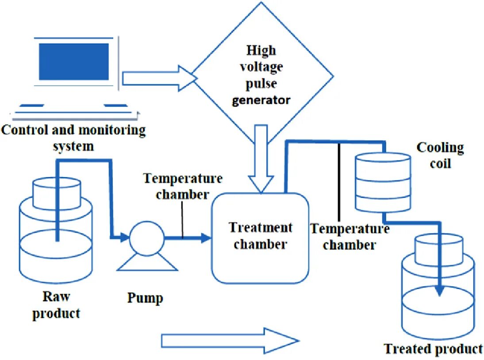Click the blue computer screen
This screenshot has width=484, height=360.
pyautogui.click(x=73, y=61)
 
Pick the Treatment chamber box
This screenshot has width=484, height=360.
pyautogui.click(x=260, y=238)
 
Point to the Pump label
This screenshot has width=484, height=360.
pyautogui.click(x=145, y=298)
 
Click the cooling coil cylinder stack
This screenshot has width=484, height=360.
pyautogui.click(x=383, y=182)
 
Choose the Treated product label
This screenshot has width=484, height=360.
pyautogui.click(x=433, y=349)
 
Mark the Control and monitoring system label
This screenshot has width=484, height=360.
pyautogui.click(x=73, y=138)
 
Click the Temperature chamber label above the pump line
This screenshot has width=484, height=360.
pyautogui.click(x=182, y=186)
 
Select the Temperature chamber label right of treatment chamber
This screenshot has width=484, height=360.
pyautogui.click(x=350, y=237)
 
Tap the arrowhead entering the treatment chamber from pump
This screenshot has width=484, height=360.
pyautogui.click(x=205, y=238)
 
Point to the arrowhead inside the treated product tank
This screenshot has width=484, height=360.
pyautogui.click(x=439, y=291)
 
